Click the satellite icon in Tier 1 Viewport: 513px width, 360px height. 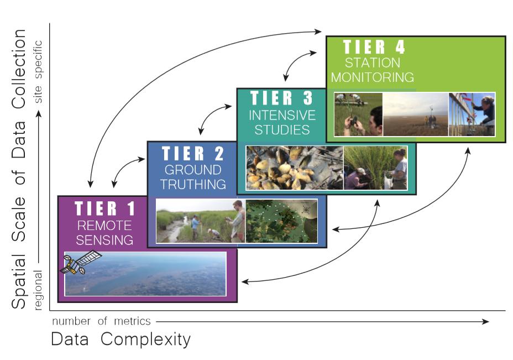(x=80, y=263)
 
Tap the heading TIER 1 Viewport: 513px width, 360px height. (x=104, y=208)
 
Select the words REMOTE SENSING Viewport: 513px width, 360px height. (x=104, y=233)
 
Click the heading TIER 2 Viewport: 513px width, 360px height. (x=193, y=154)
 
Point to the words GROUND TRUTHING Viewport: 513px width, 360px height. (x=193, y=177)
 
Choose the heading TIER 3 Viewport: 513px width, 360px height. (x=282, y=98)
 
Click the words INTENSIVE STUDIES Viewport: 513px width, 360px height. (x=282, y=122)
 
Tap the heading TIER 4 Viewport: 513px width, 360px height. (x=374, y=47)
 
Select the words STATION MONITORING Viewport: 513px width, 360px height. (x=373, y=70)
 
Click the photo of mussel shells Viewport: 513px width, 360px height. (x=295, y=168)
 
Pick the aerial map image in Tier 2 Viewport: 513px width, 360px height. (x=281, y=221)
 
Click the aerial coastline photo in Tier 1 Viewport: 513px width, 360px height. (x=145, y=274)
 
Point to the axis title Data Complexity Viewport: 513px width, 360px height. (x=121, y=340)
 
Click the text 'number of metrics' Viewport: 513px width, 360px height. (x=101, y=321)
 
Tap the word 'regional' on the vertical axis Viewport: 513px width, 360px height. (x=38, y=290)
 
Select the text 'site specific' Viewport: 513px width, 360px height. (x=38, y=72)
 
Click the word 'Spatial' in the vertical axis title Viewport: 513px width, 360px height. (x=19, y=282)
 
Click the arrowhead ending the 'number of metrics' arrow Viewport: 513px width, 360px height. (x=485, y=321)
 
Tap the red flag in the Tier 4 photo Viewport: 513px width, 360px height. (x=467, y=97)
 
